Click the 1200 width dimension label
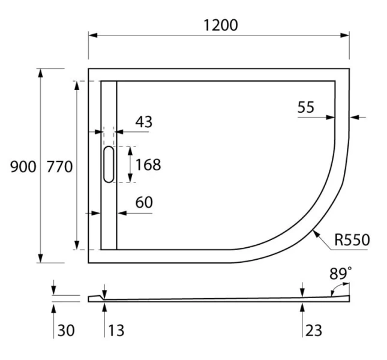pos(220,25)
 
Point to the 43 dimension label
pos(143,122)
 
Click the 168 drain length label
pos(148,164)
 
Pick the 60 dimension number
pos(143,203)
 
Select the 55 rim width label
pos(306,107)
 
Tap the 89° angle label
pos(340,274)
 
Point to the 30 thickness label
pos(66,330)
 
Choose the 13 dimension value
pos(116,330)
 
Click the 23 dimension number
pos(313,330)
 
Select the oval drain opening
pos(109,164)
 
